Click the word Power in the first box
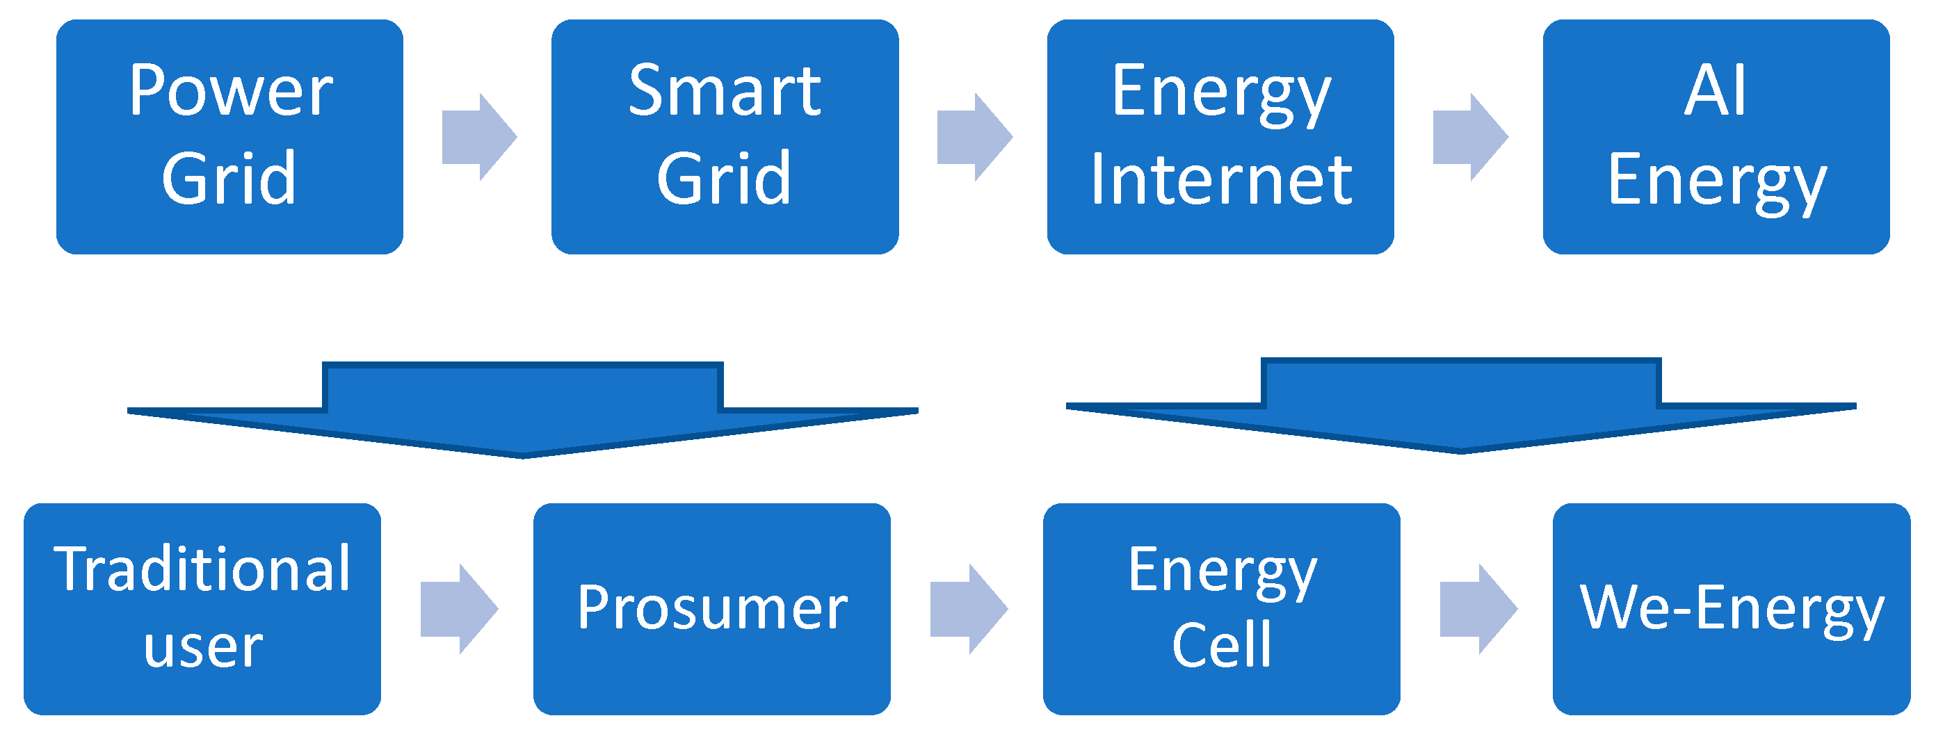pos(231,92)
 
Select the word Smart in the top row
pos(725,92)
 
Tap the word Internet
pos(1221,179)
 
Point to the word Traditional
pos(202,569)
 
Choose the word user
pos(203,647)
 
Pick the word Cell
pos(1221,645)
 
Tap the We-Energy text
pos(1732,608)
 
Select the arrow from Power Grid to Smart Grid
pos(478,138)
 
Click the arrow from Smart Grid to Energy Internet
pos(974,138)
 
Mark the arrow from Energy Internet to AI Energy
pos(1470,138)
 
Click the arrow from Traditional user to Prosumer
pos(458,609)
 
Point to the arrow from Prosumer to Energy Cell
pos(968,609)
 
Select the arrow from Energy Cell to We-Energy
pos(1478,609)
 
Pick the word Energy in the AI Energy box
pos(1716,180)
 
